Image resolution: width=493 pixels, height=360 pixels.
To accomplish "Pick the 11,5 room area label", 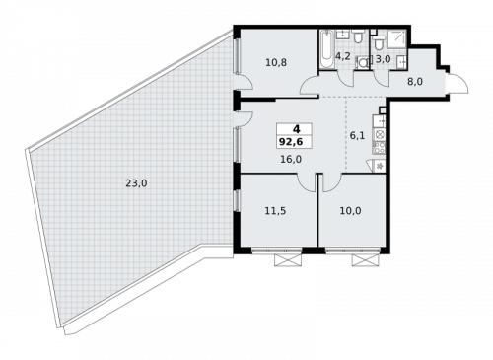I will [x=275, y=208].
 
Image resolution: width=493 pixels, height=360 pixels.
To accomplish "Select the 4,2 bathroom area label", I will [x=343, y=57].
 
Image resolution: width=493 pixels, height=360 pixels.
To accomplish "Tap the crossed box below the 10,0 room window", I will [x=365, y=259].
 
